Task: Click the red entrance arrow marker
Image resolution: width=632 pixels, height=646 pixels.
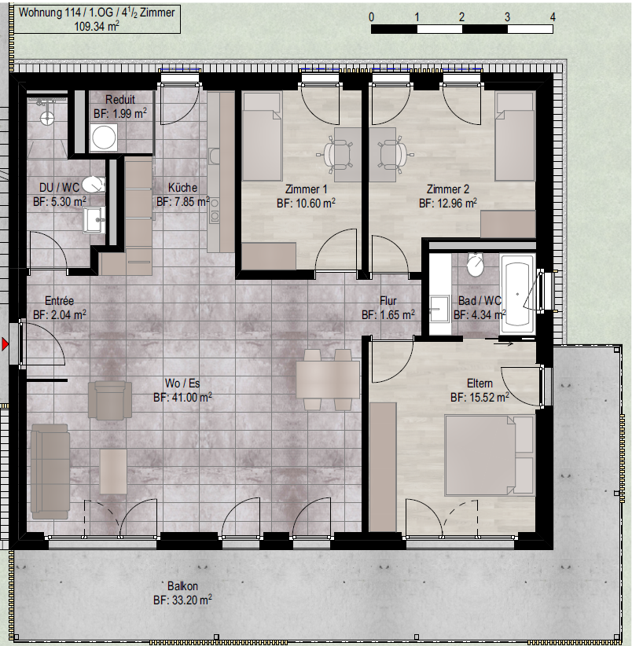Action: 5,344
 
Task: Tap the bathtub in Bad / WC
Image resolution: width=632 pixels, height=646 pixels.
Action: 517,294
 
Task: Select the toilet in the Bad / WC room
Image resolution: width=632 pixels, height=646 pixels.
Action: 476,265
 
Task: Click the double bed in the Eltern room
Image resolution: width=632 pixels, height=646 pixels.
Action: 489,455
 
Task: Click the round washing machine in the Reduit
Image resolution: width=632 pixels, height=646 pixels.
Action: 104,138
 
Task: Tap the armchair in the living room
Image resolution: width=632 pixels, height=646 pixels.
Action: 110,400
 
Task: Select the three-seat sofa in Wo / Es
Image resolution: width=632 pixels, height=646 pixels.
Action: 50,472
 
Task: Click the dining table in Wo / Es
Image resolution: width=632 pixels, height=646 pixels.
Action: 328,380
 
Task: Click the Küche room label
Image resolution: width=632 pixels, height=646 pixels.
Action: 182,188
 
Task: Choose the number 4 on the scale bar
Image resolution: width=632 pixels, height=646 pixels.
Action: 553,17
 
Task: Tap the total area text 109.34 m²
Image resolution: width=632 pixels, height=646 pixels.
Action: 97,27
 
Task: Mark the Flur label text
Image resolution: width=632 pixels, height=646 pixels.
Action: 388,301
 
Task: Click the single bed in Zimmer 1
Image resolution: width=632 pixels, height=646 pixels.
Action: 262,137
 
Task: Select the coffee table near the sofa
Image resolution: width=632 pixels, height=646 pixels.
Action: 113,472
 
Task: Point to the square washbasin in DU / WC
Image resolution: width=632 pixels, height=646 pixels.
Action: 94,219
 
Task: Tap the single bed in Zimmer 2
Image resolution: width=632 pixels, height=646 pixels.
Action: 515,137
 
